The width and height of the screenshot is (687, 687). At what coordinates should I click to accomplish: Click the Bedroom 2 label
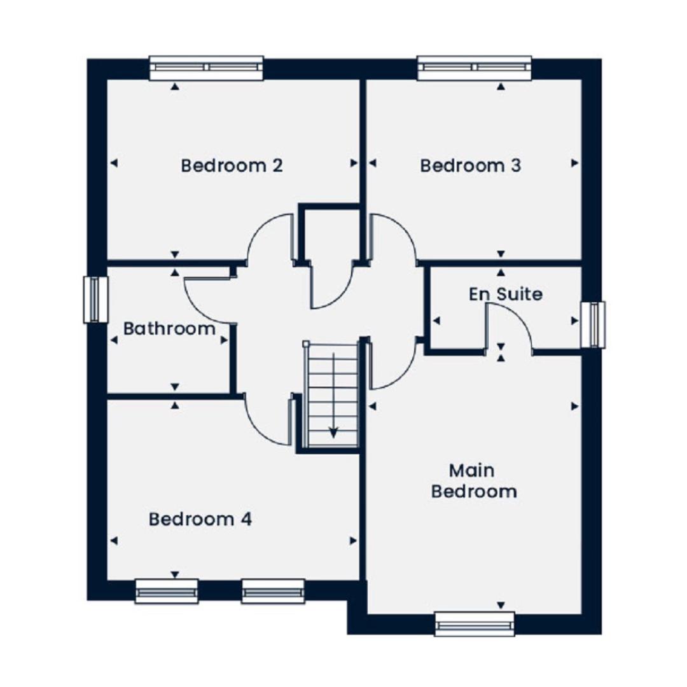[232, 165]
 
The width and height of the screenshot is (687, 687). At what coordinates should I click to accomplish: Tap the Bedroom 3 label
[471, 165]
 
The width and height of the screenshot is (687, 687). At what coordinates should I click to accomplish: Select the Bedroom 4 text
[200, 519]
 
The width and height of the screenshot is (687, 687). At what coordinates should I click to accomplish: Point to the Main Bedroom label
[474, 481]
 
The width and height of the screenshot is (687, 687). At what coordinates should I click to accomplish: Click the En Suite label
[506, 293]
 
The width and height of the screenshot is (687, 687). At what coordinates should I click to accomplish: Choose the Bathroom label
[169, 329]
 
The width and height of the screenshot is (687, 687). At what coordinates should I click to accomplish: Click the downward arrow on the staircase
[334, 395]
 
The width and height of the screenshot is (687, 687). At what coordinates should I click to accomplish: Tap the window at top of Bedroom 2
[206, 68]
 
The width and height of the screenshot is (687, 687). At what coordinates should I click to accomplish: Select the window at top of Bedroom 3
[475, 68]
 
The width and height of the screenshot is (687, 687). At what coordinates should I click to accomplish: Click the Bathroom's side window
[95, 300]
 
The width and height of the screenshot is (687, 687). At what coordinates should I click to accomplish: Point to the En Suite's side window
[593, 324]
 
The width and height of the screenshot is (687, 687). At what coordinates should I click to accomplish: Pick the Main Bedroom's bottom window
[475, 624]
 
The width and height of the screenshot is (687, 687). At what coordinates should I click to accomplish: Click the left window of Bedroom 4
[167, 592]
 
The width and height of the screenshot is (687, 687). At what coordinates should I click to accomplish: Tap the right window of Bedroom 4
[273, 592]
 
